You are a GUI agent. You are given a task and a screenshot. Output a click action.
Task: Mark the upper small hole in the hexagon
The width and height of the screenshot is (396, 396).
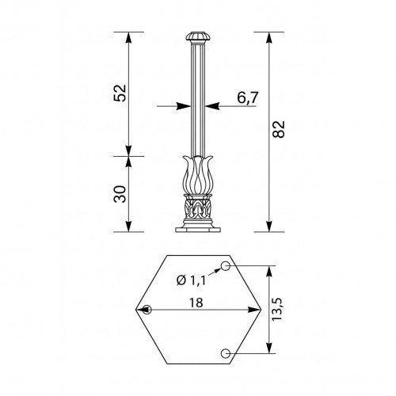coord(226,264)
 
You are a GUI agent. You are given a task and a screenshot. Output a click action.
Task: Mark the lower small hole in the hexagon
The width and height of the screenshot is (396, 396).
coord(226,352)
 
